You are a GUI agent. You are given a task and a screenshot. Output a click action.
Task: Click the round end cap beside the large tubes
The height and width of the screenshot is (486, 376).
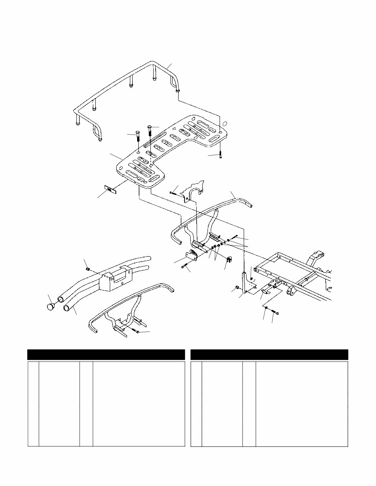pos(51,307)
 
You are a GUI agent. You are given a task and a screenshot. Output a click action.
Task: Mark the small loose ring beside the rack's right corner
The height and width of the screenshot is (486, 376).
pos(225,124)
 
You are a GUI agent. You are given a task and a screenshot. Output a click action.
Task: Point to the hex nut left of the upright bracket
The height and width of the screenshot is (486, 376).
pos(238,288)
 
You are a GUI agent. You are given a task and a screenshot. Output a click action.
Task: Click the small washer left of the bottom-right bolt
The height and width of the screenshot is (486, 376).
pos(266,308)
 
